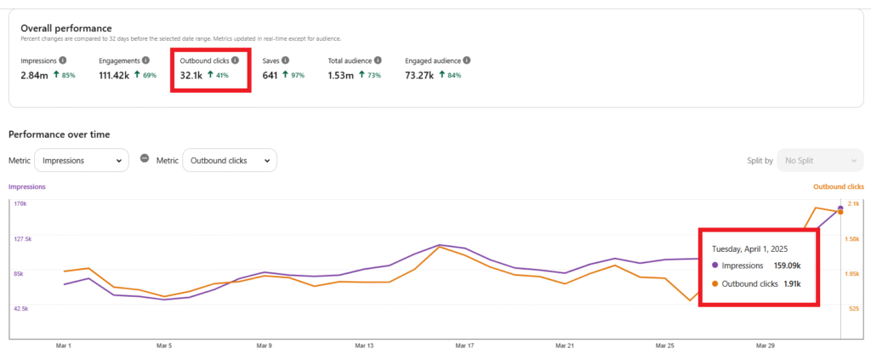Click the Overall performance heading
(68, 28)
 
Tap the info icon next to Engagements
(145, 60)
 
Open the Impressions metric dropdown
(83, 160)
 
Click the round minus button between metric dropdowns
(145, 159)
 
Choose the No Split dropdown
(820, 160)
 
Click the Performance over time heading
(59, 134)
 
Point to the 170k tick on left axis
(20, 204)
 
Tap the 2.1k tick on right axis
(852, 204)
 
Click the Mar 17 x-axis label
(464, 346)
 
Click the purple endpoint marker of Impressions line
(840, 208)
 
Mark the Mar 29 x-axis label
(766, 346)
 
